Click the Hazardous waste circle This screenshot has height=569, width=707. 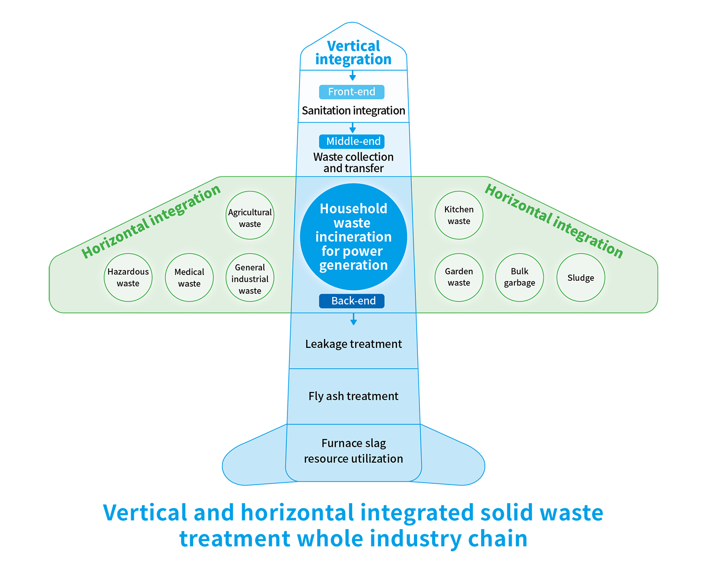click(128, 278)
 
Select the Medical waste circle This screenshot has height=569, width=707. click(189, 278)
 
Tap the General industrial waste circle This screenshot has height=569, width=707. click(250, 278)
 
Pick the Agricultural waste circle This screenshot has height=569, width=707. click(250, 215)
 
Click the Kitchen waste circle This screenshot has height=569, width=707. click(459, 215)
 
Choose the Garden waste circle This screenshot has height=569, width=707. click(459, 278)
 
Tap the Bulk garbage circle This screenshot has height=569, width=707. click(520, 278)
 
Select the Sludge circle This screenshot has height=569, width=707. click(581, 278)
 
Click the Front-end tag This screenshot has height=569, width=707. click(352, 92)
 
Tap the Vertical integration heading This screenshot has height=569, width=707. click(353, 53)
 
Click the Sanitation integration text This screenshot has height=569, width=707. click(353, 110)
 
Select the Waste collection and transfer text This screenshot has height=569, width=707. click(353, 162)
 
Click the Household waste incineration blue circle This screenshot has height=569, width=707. click(353, 237)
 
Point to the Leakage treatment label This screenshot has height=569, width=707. click(353, 344)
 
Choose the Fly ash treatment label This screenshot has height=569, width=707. click(353, 396)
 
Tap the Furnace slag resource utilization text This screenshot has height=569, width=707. click(353, 451)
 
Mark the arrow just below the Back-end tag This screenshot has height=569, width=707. click(353, 319)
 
